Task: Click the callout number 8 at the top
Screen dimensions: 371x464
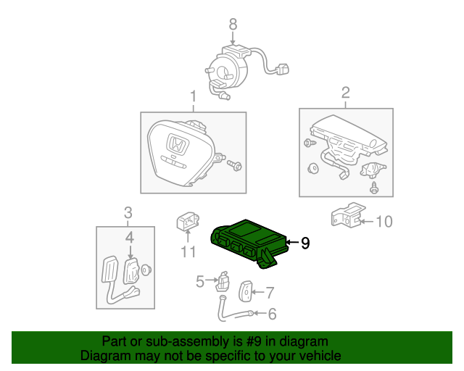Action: tap(233, 25)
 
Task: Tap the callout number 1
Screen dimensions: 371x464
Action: tap(193, 96)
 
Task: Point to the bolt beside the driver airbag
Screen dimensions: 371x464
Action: tap(233, 166)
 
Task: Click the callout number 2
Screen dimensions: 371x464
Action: tap(345, 92)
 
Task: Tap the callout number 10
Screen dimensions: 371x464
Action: tap(384, 221)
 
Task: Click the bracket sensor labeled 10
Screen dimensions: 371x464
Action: tap(346, 215)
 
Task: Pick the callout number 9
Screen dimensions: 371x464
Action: tap(305, 243)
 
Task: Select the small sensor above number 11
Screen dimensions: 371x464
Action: tap(186, 222)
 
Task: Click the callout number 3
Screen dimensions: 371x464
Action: tap(128, 213)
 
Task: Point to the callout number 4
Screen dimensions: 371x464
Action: tap(129, 236)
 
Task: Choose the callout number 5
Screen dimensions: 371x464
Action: tap(200, 281)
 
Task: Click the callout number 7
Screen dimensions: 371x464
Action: tap(270, 293)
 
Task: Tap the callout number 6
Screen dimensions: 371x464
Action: tap(272, 314)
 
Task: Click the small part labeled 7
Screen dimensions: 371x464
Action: tap(246, 291)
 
